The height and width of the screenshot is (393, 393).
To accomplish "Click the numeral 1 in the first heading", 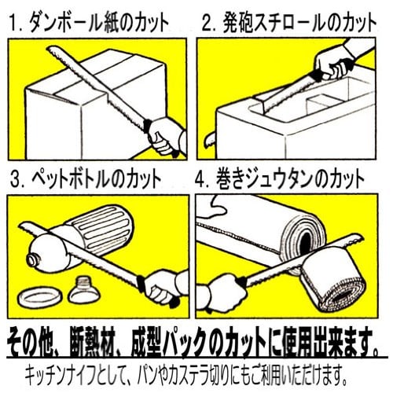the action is (x=13, y=23).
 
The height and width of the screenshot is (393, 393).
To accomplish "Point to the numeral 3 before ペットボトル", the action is (x=16, y=180).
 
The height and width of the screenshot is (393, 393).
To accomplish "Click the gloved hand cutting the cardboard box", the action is (x=165, y=136).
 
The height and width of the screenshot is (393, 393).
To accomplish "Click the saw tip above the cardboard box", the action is (x=50, y=49).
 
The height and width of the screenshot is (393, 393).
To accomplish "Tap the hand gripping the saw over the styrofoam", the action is (x=332, y=64).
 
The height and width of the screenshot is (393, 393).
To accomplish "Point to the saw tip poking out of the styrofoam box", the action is (x=209, y=140).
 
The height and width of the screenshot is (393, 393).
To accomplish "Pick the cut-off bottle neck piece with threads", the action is (x=84, y=289).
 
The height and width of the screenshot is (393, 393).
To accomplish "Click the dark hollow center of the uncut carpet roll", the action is (x=305, y=240).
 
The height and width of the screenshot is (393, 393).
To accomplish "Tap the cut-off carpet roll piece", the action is (x=332, y=281).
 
